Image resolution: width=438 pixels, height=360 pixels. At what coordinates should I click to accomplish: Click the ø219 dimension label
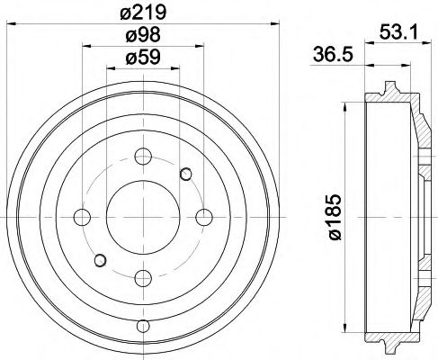pos(140,13)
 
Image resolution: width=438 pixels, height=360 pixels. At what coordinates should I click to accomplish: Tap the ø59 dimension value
pos(140,61)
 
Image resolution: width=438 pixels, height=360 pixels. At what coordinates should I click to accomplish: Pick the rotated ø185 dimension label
pos(335,217)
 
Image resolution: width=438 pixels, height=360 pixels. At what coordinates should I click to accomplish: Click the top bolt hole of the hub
pos(140,157)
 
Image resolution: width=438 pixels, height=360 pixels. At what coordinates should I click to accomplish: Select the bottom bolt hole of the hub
pos(140,275)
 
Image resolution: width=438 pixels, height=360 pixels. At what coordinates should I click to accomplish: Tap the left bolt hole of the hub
pos(82,216)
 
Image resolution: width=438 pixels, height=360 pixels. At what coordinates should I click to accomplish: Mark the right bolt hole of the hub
pos(203,216)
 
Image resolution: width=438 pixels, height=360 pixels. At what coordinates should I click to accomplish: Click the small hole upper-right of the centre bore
pos(186,173)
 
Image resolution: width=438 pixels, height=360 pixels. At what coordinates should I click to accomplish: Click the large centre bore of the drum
pos(140,216)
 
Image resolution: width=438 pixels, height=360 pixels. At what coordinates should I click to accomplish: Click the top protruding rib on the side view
pos(388,88)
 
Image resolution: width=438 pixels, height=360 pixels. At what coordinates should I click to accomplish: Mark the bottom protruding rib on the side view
pos(388,345)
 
